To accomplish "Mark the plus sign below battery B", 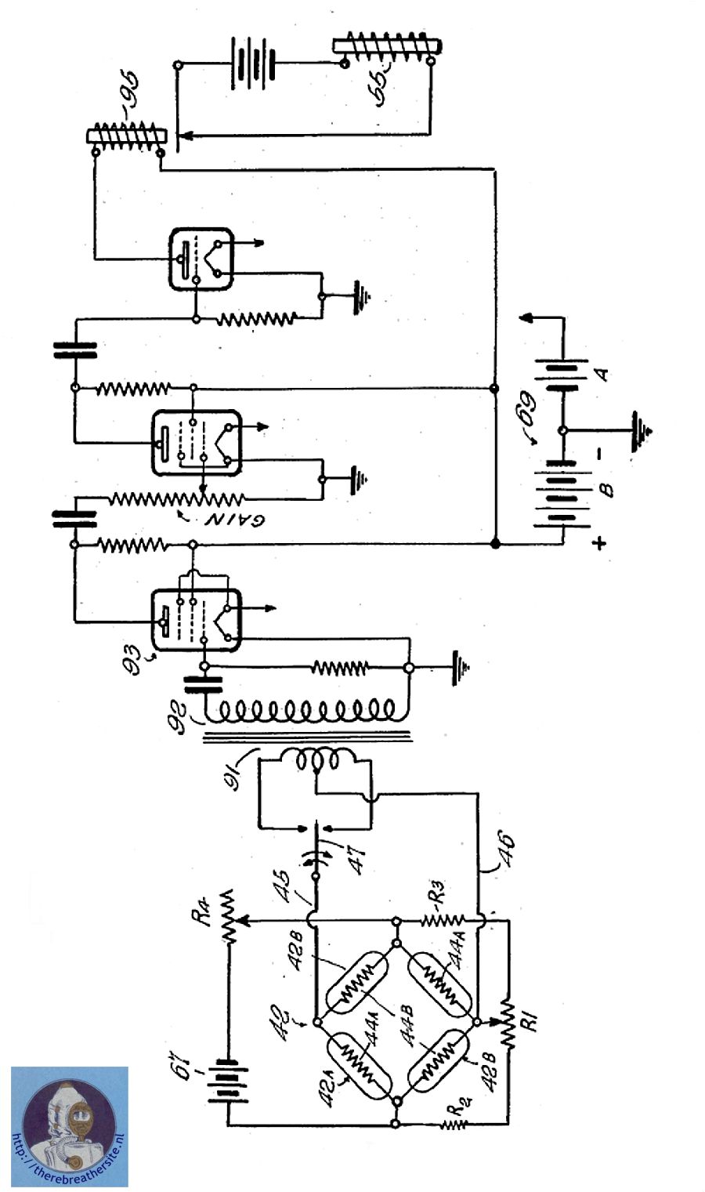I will coord(599,543).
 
